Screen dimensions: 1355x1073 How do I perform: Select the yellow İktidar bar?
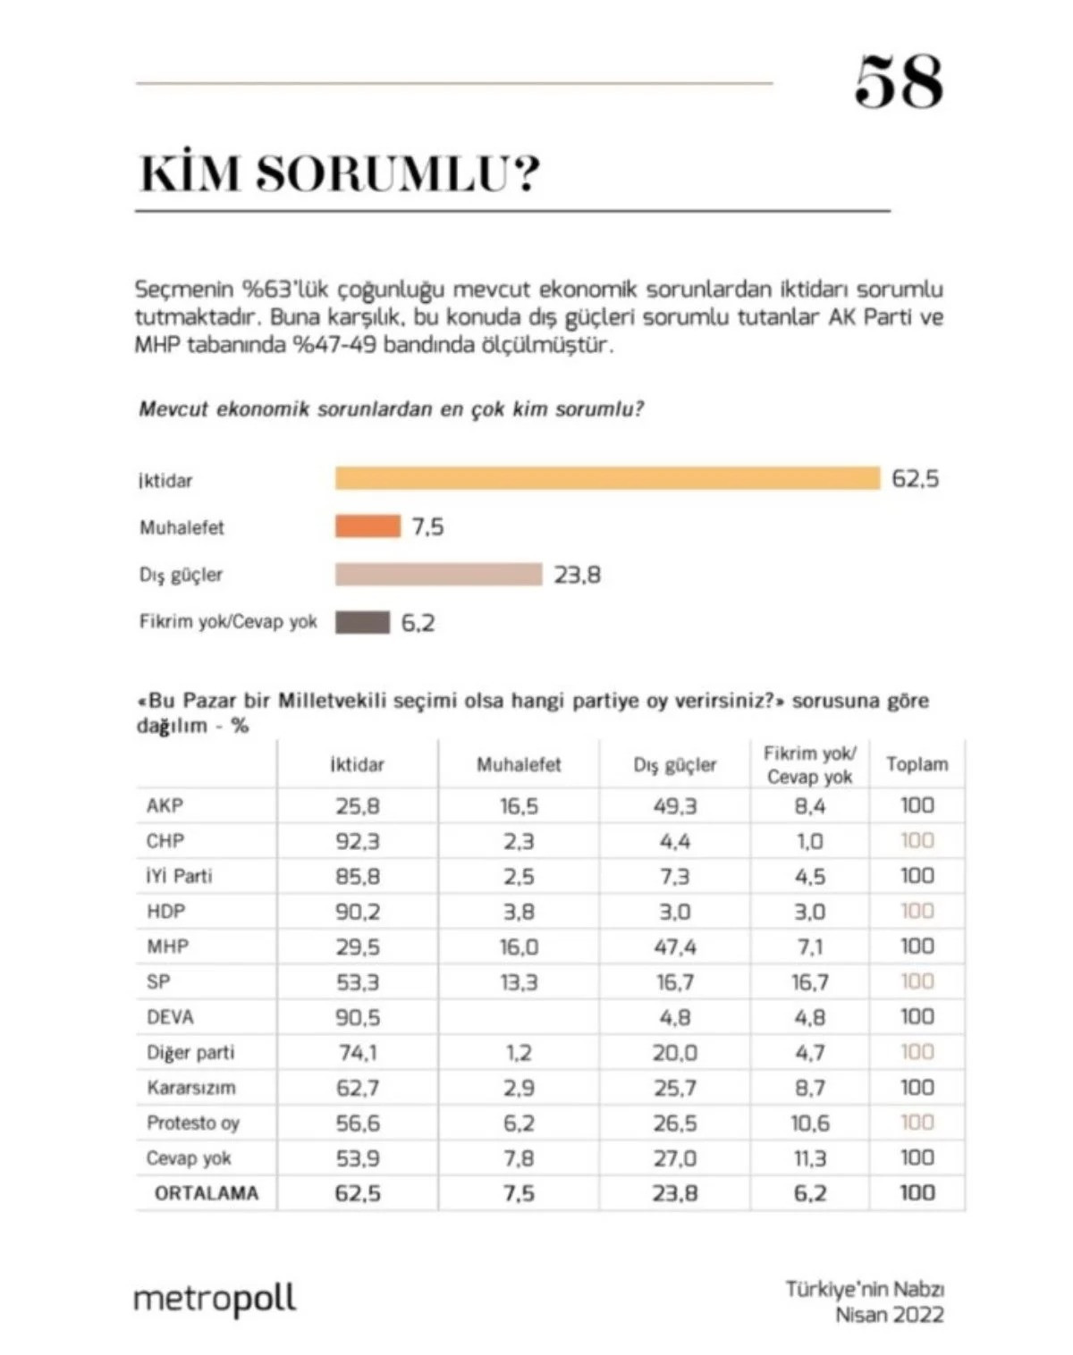[607, 478]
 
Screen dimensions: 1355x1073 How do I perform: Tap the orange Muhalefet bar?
[368, 526]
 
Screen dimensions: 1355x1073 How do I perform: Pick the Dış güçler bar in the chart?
[438, 574]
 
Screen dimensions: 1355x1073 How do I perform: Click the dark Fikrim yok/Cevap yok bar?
[362, 622]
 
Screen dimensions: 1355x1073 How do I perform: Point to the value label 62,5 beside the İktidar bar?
[915, 479]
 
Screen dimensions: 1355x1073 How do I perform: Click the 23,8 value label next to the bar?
[577, 575]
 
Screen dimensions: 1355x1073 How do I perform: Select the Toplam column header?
[917, 764]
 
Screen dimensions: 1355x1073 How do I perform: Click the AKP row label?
[165, 805]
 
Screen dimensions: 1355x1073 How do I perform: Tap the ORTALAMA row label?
[207, 1193]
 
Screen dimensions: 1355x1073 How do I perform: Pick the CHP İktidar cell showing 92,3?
[358, 841]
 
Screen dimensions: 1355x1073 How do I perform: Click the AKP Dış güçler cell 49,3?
[674, 806]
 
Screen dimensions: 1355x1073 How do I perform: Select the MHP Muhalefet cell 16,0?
[519, 947]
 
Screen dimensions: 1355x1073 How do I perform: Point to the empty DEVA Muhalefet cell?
[519, 1017]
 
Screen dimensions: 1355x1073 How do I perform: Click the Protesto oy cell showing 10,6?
[810, 1123]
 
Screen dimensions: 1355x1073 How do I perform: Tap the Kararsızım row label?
[191, 1088]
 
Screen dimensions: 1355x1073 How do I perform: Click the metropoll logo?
[215, 1299]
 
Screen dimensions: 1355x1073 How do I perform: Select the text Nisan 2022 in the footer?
[889, 1315]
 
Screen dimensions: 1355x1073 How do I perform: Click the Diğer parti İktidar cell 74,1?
[358, 1053]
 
